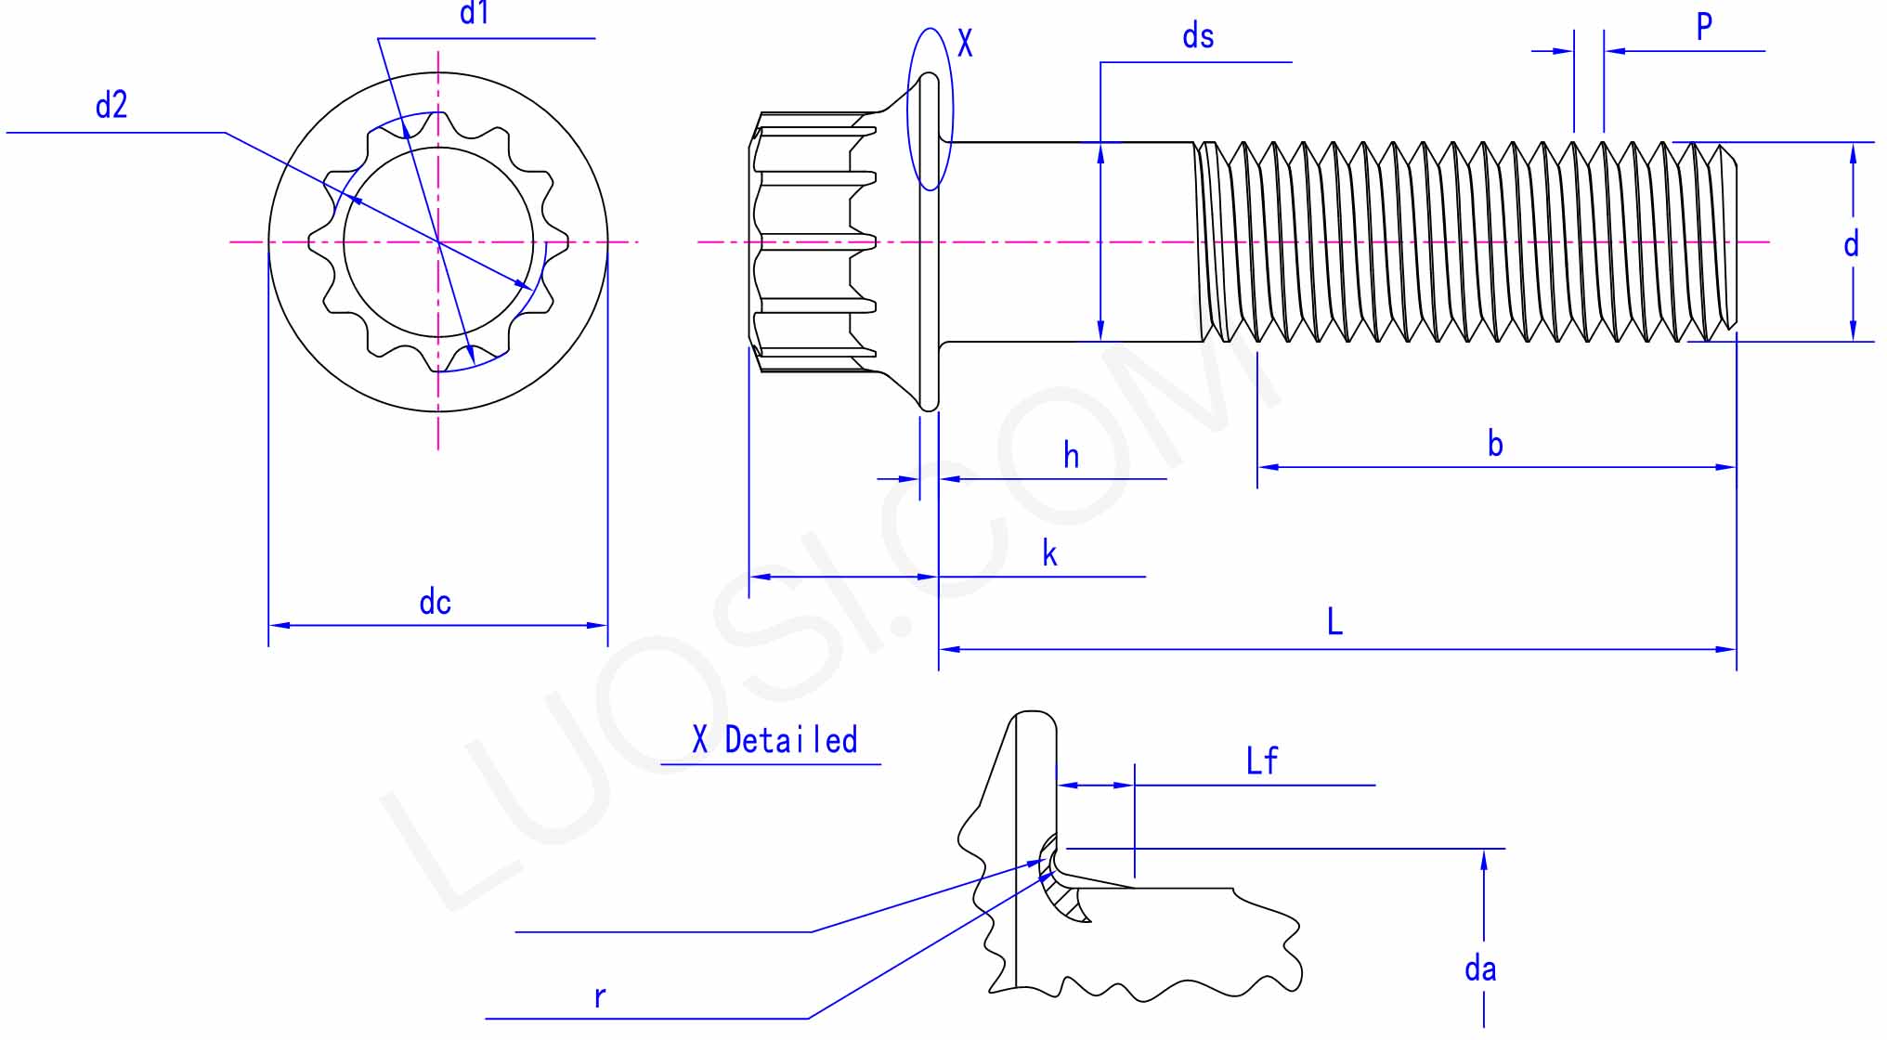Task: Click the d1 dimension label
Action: pyautogui.click(x=475, y=13)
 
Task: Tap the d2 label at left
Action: pyautogui.click(x=111, y=106)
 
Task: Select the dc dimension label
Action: pyautogui.click(x=435, y=603)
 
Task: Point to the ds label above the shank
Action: pyautogui.click(x=1197, y=37)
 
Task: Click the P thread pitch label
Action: pyautogui.click(x=1704, y=27)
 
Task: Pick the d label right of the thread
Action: pyautogui.click(x=1851, y=244)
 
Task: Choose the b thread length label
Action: pyautogui.click(x=1494, y=444)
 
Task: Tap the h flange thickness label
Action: pyautogui.click(x=1071, y=456)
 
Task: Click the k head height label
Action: pyautogui.click(x=1049, y=554)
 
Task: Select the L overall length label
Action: pyautogui.click(x=1334, y=621)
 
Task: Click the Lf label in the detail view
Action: pyautogui.click(x=1261, y=761)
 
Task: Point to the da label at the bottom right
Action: pyautogui.click(x=1479, y=969)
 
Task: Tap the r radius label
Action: pyautogui.click(x=600, y=998)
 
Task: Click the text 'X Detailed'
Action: pyautogui.click(x=774, y=741)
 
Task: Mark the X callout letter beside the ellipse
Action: pyautogui.click(x=965, y=44)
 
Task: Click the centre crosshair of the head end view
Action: pyautogui.click(x=438, y=242)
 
